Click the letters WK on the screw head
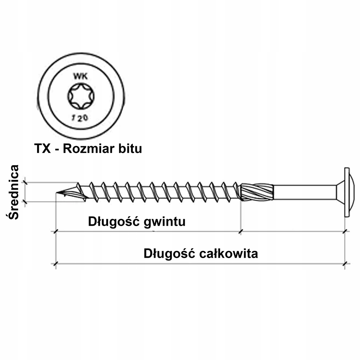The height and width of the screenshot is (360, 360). (81, 76)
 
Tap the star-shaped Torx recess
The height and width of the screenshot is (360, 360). (81, 96)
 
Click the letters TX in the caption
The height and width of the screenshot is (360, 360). (42, 148)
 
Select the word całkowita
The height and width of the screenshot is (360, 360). (228, 253)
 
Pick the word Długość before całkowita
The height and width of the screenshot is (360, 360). (170, 253)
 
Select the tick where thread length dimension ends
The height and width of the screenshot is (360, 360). (240, 231)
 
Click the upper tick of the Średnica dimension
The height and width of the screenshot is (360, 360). (25, 183)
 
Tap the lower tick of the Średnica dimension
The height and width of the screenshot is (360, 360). (25, 202)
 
